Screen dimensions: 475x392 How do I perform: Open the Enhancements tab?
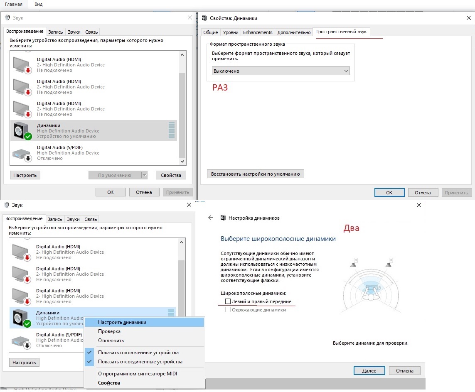coord(258,32)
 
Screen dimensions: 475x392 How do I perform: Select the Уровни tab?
coord(231,32)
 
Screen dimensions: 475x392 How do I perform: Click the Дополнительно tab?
coord(294,32)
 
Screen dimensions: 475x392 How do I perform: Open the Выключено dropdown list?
coord(281,71)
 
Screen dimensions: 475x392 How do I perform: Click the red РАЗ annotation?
coord(220,88)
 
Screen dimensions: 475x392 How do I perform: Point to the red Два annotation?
coord(352,228)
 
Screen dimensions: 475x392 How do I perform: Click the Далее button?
coord(369,370)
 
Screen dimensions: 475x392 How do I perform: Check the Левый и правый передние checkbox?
coord(228,301)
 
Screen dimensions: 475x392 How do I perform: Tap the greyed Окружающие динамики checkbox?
coord(228,310)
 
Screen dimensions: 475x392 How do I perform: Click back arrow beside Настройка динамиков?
coord(211,218)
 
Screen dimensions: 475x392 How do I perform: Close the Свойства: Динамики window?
coord(468,18)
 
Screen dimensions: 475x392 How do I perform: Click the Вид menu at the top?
coord(39,4)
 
